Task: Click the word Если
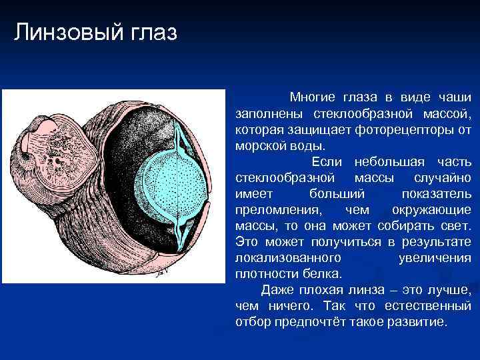click(327, 161)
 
